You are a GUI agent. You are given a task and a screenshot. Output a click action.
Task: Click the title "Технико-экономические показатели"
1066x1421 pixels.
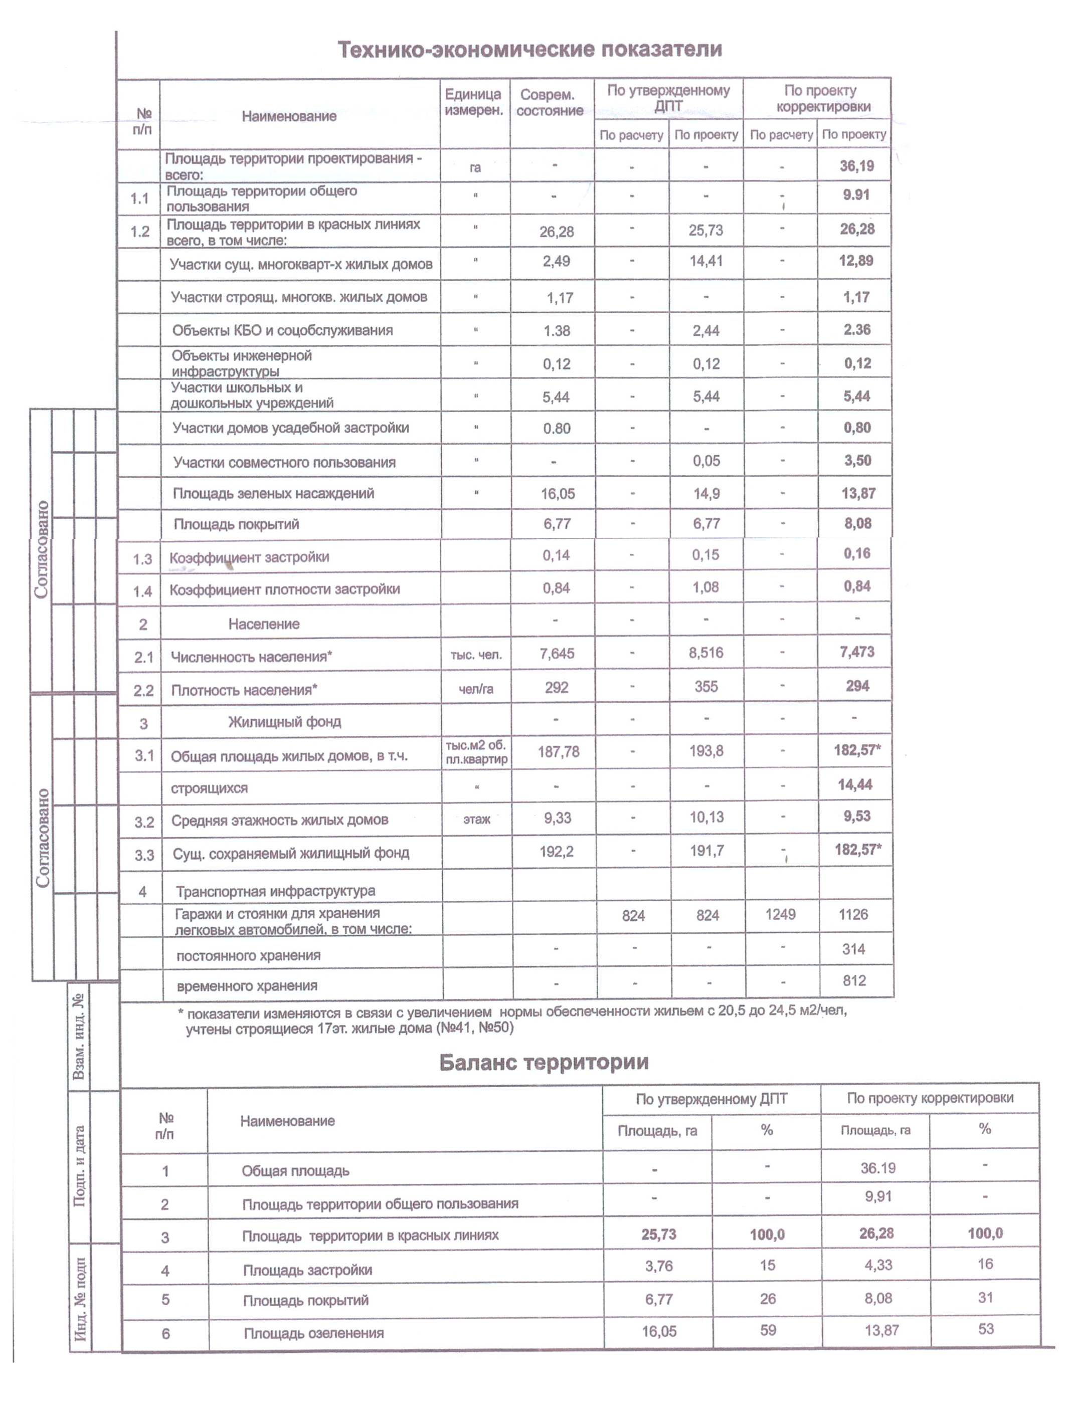pyautogui.click(x=529, y=50)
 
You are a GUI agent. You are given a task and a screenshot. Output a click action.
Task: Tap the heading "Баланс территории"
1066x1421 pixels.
pyautogui.click(x=544, y=1062)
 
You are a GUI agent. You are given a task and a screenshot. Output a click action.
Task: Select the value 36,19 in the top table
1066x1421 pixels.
pyautogui.click(x=856, y=166)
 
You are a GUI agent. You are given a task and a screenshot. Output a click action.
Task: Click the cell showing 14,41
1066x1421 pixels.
pyautogui.click(x=705, y=262)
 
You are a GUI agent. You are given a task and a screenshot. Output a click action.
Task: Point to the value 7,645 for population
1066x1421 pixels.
pyautogui.click(x=557, y=653)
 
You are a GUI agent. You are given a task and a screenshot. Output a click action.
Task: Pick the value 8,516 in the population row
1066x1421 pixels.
pyautogui.click(x=705, y=653)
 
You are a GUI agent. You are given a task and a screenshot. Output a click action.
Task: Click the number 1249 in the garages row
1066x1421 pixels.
pyautogui.click(x=780, y=914)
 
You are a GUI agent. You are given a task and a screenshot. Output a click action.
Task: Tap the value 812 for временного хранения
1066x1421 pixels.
pyautogui.click(x=854, y=981)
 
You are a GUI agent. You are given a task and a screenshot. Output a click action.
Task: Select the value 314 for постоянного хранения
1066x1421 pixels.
pyautogui.click(x=853, y=949)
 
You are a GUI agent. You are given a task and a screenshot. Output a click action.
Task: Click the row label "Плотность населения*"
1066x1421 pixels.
pyautogui.click(x=244, y=690)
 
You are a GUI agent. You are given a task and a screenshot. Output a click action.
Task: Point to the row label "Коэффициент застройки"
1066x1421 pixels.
pyautogui.click(x=249, y=557)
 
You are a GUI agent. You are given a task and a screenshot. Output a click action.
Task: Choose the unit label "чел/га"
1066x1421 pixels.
pyautogui.click(x=475, y=689)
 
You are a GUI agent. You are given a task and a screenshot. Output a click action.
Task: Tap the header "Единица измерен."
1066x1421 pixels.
pyautogui.click(x=473, y=102)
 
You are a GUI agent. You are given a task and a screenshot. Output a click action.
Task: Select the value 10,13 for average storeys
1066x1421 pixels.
pyautogui.click(x=706, y=817)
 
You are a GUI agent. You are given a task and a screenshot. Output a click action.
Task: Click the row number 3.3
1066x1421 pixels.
pyautogui.click(x=144, y=855)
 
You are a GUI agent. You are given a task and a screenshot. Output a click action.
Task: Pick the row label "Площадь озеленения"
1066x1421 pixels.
pyautogui.click(x=313, y=1333)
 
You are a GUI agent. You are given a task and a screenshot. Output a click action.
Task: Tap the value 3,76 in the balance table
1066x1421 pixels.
pyautogui.click(x=659, y=1266)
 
